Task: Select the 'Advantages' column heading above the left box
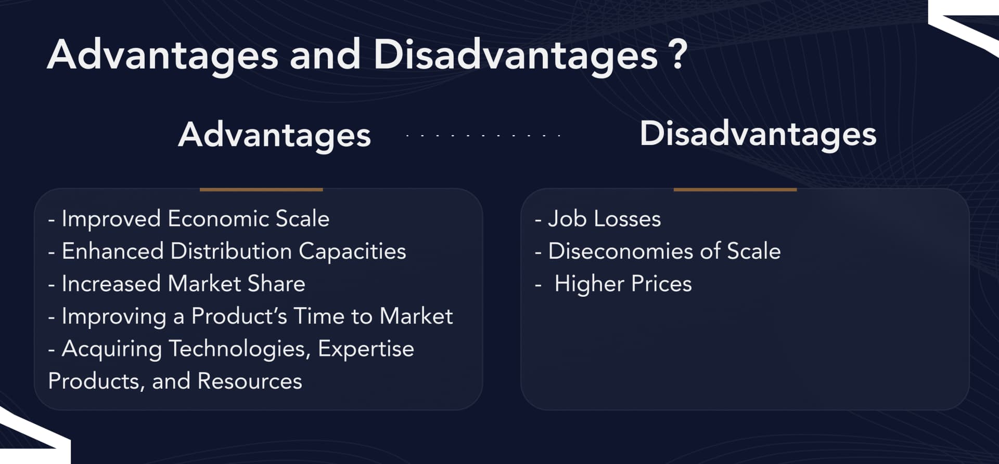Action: (274, 135)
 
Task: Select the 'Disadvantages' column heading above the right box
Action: (758, 134)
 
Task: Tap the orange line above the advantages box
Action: (261, 190)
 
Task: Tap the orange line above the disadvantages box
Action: (735, 190)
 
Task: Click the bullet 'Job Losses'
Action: (604, 219)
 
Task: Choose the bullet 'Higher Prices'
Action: (622, 284)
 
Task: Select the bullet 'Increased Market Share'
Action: (183, 284)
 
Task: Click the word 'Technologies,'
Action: (240, 349)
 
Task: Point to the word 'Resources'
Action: (250, 381)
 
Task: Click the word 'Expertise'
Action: (366, 349)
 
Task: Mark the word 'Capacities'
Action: (352, 251)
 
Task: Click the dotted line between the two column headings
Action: (483, 136)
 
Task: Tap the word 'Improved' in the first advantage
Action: (111, 219)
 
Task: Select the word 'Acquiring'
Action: (112, 349)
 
